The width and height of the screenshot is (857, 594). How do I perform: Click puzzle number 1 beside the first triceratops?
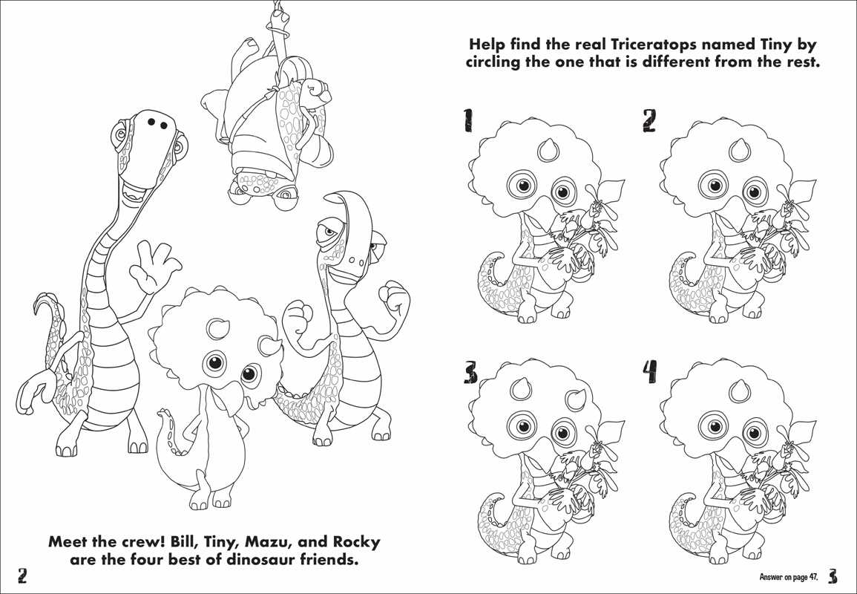[468, 120]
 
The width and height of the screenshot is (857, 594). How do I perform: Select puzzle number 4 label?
[649, 371]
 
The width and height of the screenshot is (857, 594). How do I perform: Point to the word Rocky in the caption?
[353, 542]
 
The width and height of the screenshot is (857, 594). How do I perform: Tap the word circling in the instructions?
[500, 62]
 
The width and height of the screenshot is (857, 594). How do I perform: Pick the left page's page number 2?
[23, 576]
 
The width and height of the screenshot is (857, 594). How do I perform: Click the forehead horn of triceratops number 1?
[548, 150]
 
